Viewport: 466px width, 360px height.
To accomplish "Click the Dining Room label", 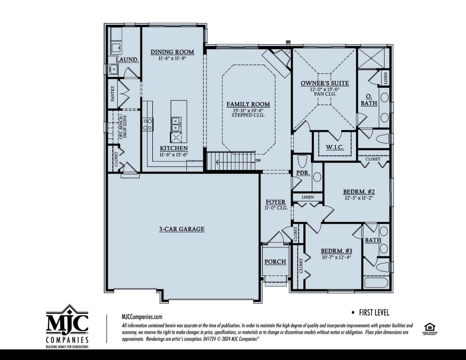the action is pos(172,52).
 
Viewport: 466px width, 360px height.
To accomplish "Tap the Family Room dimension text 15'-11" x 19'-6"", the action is pos(248,110).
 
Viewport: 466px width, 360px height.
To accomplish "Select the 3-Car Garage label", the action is pos(182,229).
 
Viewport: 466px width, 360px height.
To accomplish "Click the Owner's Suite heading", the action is pos(325,83).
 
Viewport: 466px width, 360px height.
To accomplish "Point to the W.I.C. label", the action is pos(335,147).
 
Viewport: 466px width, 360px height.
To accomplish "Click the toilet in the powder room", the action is pos(303,161).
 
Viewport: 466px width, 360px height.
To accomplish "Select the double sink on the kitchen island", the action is pos(176,124).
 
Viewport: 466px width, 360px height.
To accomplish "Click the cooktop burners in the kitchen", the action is pos(148,124).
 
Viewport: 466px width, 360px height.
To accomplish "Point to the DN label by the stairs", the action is pos(258,160).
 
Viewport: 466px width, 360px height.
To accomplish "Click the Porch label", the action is pos(275,262).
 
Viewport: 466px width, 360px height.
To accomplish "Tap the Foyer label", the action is pos(276,202).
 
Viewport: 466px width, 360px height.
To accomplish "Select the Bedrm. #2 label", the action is pos(359,192).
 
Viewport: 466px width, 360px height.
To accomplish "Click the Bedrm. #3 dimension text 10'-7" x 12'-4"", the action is pos(336,257).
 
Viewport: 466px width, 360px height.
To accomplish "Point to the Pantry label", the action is pos(113,94).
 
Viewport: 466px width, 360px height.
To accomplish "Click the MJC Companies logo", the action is pos(67,326).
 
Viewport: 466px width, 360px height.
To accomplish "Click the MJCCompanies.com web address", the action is pos(142,317).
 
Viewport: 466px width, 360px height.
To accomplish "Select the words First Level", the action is pos(374,313).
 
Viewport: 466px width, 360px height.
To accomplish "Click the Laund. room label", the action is pos(127,60).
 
